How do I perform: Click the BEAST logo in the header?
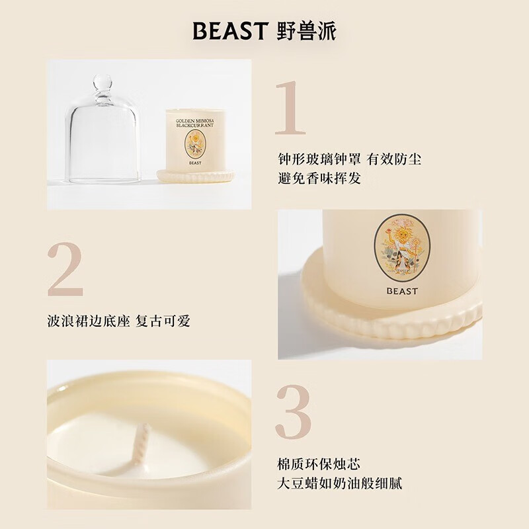point(230,30)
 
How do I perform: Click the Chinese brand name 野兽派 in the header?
point(306,30)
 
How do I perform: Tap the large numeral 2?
point(65,270)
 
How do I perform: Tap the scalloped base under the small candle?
point(195,176)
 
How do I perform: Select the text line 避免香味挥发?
point(319,179)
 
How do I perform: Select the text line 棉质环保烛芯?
point(319,464)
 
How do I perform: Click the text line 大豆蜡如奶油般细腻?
point(339,483)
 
